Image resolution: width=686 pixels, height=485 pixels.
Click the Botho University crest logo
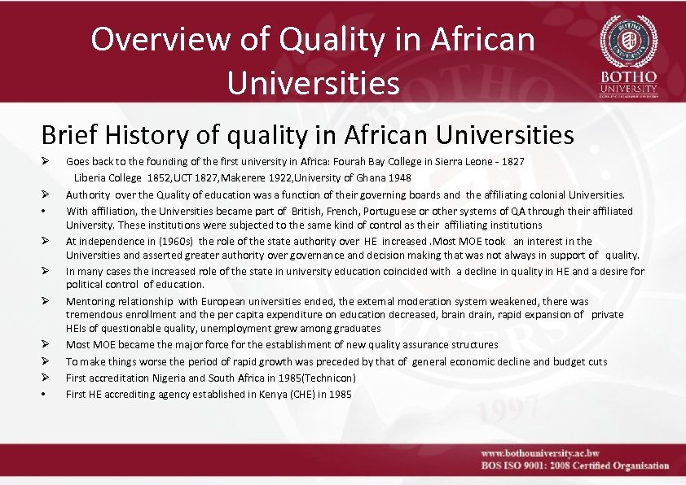point(628,41)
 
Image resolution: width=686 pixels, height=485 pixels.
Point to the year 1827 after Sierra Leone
point(512,162)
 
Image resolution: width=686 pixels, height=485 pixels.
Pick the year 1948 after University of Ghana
point(398,177)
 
